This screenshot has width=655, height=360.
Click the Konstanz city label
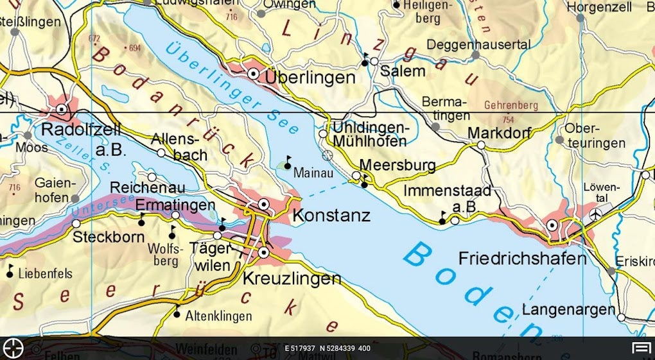click(331, 215)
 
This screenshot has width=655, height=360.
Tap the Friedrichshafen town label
click(522, 259)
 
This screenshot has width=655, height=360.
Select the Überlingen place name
click(310, 78)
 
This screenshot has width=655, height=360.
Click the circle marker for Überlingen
click(254, 74)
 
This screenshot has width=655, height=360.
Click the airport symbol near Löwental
click(597, 213)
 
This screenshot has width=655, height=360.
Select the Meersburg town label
click(397, 165)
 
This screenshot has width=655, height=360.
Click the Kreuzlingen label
click(292, 279)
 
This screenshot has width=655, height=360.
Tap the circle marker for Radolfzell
click(62, 110)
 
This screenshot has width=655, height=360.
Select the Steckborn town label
click(106, 237)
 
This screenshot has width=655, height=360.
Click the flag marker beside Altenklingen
click(177, 313)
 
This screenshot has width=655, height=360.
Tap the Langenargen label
click(568, 310)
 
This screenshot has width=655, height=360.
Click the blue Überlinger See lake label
click(231, 88)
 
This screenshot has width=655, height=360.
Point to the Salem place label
click(403, 71)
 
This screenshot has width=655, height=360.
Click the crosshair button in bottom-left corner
click(13, 348)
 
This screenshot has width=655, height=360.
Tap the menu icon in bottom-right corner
click(641, 348)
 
